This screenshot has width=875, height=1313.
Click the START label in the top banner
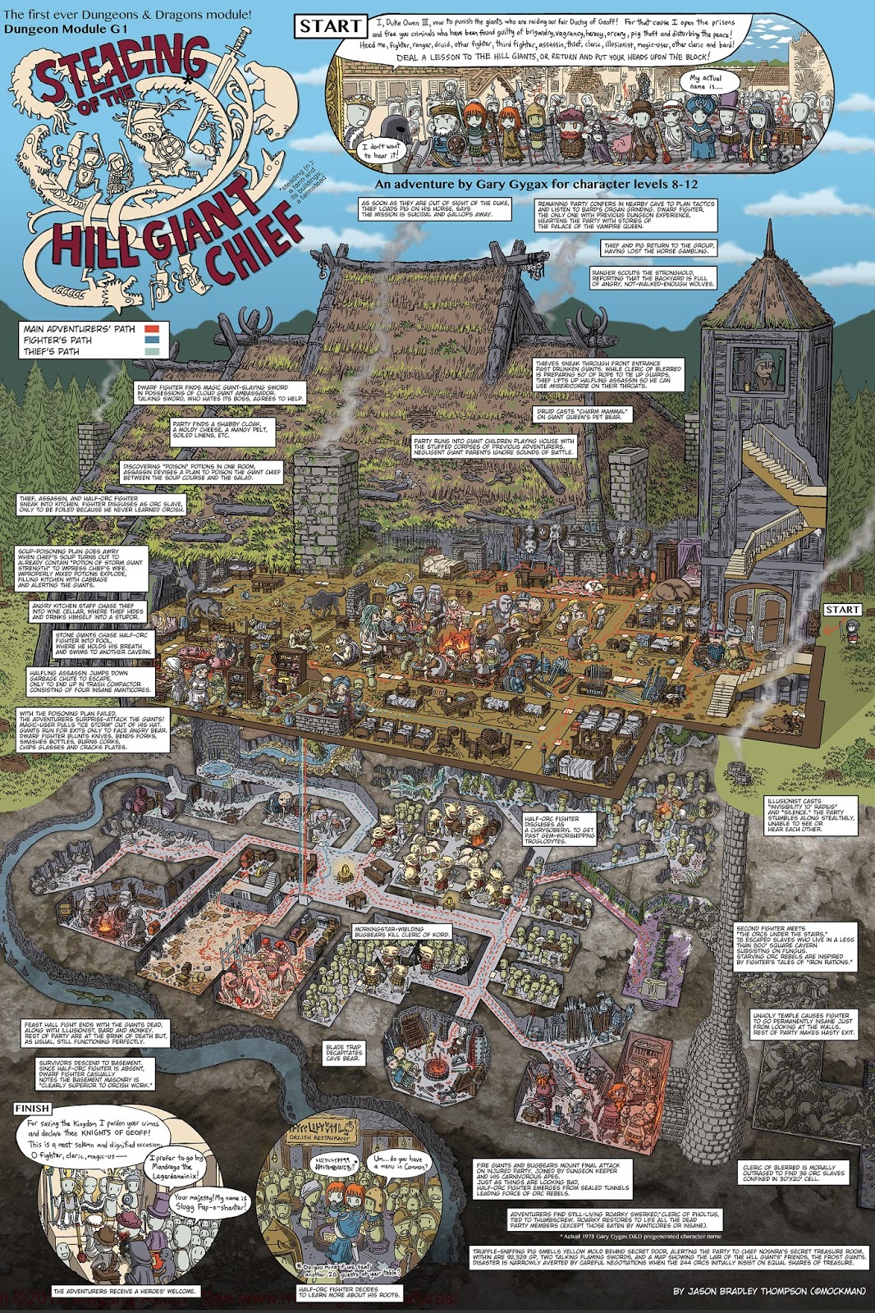[x=329, y=26]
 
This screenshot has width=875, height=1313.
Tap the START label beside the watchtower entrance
[x=842, y=610]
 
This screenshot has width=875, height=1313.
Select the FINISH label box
[x=32, y=1108]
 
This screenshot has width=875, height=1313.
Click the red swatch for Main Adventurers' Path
[x=153, y=329]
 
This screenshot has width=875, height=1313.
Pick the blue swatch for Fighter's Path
[x=153, y=340]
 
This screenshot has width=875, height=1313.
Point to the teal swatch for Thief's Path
[x=153, y=351]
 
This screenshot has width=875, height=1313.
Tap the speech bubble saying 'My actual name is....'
[x=706, y=82]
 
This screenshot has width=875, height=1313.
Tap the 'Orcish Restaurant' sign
[x=319, y=1137]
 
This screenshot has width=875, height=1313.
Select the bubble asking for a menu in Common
[x=401, y=1161]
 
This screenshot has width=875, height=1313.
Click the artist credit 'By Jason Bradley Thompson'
[x=769, y=1291]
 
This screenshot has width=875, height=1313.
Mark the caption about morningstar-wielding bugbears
[x=401, y=931]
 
